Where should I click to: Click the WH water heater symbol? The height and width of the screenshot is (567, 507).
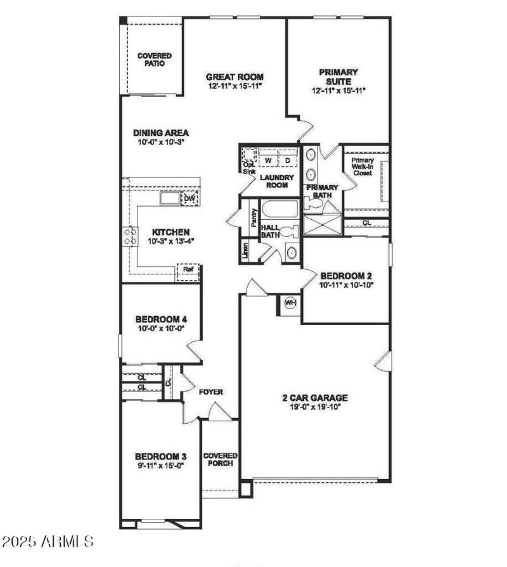click(x=290, y=303)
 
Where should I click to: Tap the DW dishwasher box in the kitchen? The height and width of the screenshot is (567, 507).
click(x=189, y=198)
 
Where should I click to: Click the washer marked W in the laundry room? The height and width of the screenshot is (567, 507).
click(x=268, y=160)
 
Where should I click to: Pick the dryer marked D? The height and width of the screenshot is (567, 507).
click(x=286, y=160)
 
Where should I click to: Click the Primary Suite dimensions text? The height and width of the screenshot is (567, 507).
click(x=338, y=91)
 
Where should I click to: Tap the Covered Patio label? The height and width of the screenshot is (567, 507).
click(x=154, y=60)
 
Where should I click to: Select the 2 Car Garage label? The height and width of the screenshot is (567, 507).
click(x=314, y=398)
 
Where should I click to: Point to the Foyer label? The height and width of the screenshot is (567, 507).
click(x=210, y=392)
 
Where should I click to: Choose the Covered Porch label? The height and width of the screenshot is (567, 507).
click(x=220, y=459)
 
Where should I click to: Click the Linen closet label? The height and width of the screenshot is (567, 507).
click(x=245, y=250)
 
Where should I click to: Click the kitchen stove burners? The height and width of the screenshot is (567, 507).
click(x=131, y=237)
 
